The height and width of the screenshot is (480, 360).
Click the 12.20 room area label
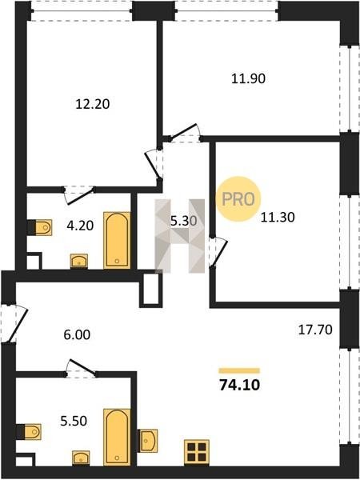coord(93,104)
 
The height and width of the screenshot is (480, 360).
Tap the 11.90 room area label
coord(248,78)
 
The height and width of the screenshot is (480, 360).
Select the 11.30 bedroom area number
coord(278,218)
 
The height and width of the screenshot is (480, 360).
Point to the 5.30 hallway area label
coord(184,221)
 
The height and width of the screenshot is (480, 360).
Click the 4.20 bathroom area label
coord(80,226)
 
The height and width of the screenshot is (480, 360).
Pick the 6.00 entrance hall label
coord(77,335)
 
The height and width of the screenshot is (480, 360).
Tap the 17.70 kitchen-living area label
coord(315,330)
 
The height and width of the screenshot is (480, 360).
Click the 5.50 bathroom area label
coord(74,422)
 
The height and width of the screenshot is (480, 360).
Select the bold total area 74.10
coord(240,385)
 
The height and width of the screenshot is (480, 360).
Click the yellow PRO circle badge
coord(238,199)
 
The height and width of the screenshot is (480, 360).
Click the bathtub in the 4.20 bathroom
coord(117,240)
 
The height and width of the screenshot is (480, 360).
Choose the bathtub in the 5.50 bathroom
coord(117,437)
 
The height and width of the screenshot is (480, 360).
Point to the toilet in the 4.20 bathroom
coord(40,227)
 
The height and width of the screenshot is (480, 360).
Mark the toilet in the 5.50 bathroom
coord(29,432)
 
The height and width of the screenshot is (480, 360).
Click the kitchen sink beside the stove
coord(148,441)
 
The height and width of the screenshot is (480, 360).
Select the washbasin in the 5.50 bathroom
coord(81,458)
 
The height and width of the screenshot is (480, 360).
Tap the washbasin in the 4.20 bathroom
coord(79,262)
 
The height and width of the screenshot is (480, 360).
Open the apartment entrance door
coord(14,323)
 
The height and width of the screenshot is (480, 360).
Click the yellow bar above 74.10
coord(239,371)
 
